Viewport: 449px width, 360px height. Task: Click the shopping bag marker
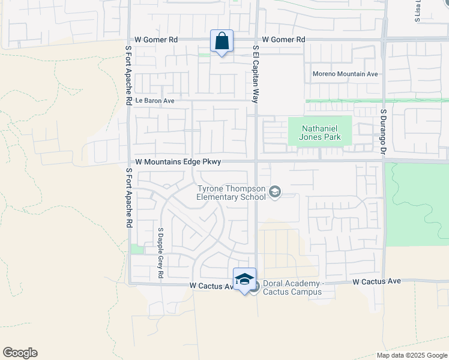pyautogui.click(x=221, y=42)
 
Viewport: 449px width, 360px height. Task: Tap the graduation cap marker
pyautogui.click(x=244, y=279)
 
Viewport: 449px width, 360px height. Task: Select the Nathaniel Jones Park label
pyautogui.click(x=321, y=133)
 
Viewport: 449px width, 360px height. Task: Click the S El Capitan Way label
pyautogui.click(x=255, y=74)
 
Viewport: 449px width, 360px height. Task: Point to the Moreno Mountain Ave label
pyautogui.click(x=345, y=74)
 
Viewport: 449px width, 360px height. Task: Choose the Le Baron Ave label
pyautogui.click(x=154, y=101)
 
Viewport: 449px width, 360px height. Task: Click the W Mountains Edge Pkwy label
pyautogui.click(x=178, y=162)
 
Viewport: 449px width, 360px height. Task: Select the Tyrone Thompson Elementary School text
pyautogui.click(x=232, y=193)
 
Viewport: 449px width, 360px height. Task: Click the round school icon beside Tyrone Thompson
pyautogui.click(x=276, y=192)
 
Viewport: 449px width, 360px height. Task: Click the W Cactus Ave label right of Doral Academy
pyautogui.click(x=376, y=281)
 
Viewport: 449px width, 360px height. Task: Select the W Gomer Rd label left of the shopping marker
pyautogui.click(x=156, y=40)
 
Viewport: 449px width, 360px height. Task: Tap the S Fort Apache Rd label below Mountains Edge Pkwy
pyautogui.click(x=128, y=198)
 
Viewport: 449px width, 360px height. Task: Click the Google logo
pyautogui.click(x=20, y=353)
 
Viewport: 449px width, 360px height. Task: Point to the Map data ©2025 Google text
pyautogui.click(x=412, y=355)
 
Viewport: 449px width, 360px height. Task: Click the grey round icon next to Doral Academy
pyautogui.click(x=255, y=287)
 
